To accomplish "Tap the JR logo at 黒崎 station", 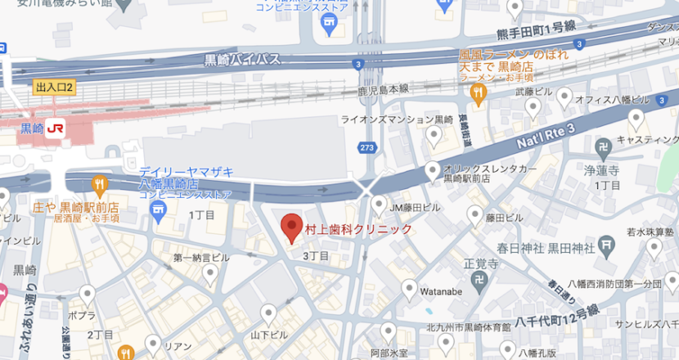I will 55,128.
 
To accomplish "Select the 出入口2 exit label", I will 55,87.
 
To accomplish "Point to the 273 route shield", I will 368,147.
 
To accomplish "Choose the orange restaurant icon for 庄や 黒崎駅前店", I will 100,183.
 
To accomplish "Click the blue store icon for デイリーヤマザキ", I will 158,214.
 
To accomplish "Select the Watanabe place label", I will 442,288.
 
